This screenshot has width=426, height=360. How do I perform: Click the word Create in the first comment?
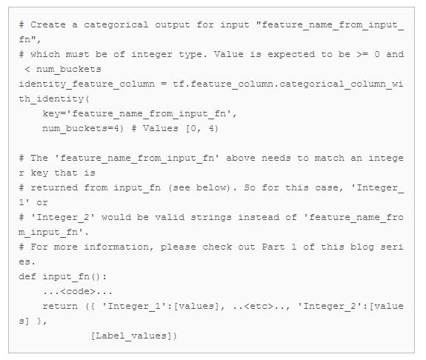(48, 24)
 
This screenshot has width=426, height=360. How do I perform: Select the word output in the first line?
(172, 25)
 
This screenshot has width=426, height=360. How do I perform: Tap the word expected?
(291, 55)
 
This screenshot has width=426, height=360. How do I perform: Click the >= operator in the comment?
(362, 54)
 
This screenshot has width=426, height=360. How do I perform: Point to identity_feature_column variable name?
(87, 84)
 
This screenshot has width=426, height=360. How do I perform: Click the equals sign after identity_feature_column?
(164, 84)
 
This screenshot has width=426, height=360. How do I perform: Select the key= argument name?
(54, 114)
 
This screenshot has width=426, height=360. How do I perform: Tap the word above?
(241, 158)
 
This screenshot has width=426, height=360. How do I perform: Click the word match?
(330, 158)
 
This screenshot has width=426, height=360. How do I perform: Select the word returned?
(54, 187)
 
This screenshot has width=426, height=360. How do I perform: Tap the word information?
(116, 247)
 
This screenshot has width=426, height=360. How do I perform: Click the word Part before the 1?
(273, 247)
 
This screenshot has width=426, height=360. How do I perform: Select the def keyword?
(27, 276)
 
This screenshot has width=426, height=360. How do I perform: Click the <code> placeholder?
(78, 292)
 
